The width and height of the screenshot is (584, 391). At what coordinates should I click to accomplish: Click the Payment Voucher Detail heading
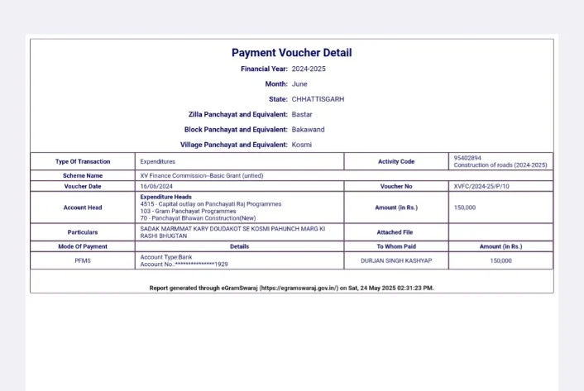click(x=291, y=53)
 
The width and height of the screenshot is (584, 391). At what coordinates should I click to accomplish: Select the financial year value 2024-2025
click(x=309, y=69)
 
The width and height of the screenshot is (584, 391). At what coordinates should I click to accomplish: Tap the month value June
click(x=299, y=83)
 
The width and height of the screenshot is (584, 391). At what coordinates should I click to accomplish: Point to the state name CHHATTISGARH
click(x=318, y=98)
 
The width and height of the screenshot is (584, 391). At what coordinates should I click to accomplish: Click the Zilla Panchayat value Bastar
click(x=303, y=114)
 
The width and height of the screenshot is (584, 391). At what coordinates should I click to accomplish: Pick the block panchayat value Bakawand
click(x=308, y=129)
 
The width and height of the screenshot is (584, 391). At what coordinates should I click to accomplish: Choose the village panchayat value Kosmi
click(x=302, y=145)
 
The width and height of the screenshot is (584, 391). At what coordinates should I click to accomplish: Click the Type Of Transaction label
click(x=83, y=161)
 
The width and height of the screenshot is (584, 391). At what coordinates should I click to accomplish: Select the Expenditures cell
click(x=158, y=161)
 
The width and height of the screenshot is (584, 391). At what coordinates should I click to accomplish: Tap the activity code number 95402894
click(x=467, y=158)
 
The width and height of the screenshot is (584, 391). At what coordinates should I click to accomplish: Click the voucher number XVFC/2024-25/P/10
click(x=481, y=186)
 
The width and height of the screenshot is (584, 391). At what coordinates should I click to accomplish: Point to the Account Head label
click(x=83, y=207)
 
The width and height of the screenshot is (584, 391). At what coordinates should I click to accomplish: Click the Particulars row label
click(x=83, y=232)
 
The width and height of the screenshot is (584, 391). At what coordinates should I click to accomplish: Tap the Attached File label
click(x=396, y=232)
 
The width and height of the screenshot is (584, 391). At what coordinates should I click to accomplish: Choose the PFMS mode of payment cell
click(x=83, y=260)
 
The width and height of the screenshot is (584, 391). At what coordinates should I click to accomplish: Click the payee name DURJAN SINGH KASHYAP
click(x=396, y=260)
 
